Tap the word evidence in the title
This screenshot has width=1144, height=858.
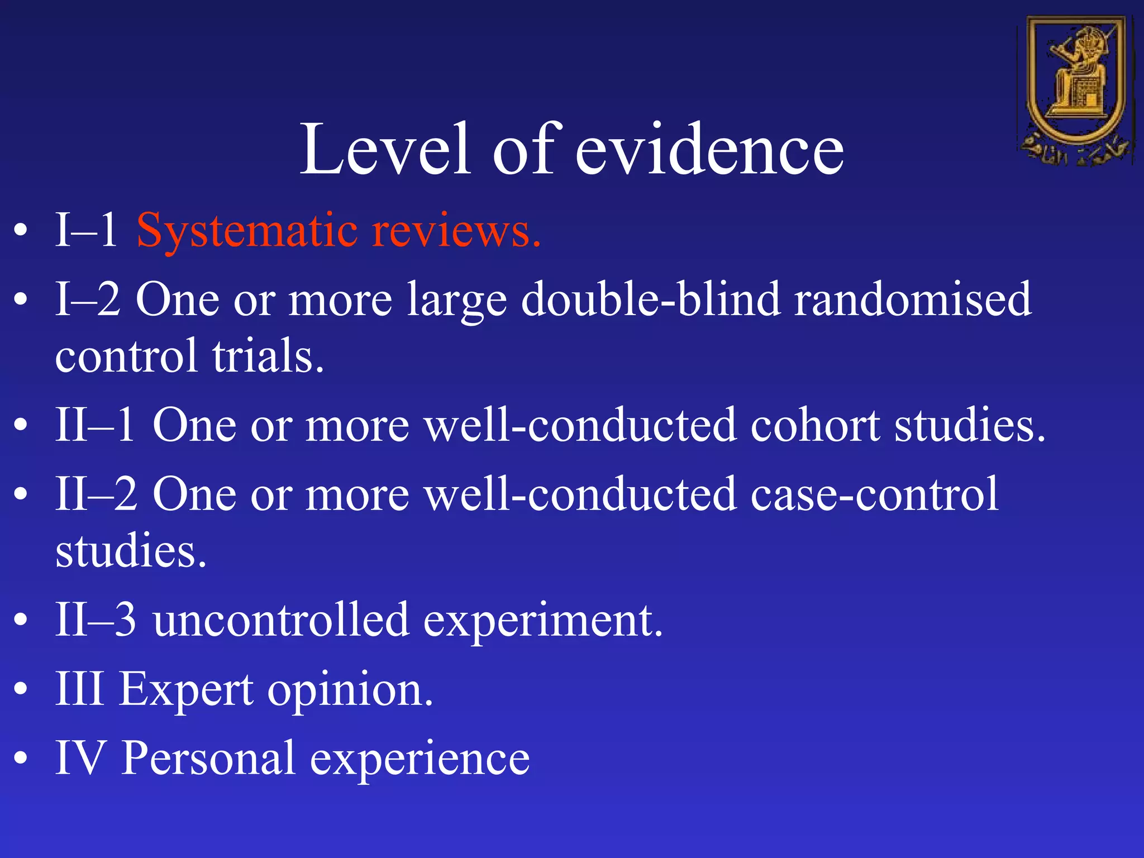(709, 150)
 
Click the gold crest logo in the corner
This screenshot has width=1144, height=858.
(1076, 89)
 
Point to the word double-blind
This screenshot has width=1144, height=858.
(650, 299)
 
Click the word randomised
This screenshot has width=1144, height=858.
(913, 299)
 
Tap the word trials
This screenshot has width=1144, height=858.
(268, 356)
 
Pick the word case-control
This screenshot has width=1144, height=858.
(874, 494)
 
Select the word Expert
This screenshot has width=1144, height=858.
(187, 690)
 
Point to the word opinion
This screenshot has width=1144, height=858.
(350, 690)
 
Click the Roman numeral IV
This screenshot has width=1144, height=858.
(80, 759)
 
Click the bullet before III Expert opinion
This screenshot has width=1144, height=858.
(21, 690)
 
